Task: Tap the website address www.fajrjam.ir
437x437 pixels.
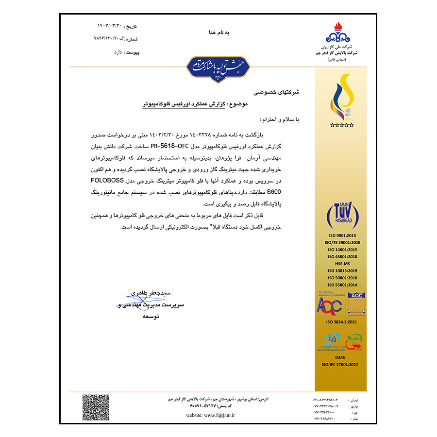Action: click(x=210, y=416)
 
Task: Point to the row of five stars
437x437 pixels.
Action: click(x=342, y=125)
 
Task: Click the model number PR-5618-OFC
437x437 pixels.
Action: click(x=170, y=146)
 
